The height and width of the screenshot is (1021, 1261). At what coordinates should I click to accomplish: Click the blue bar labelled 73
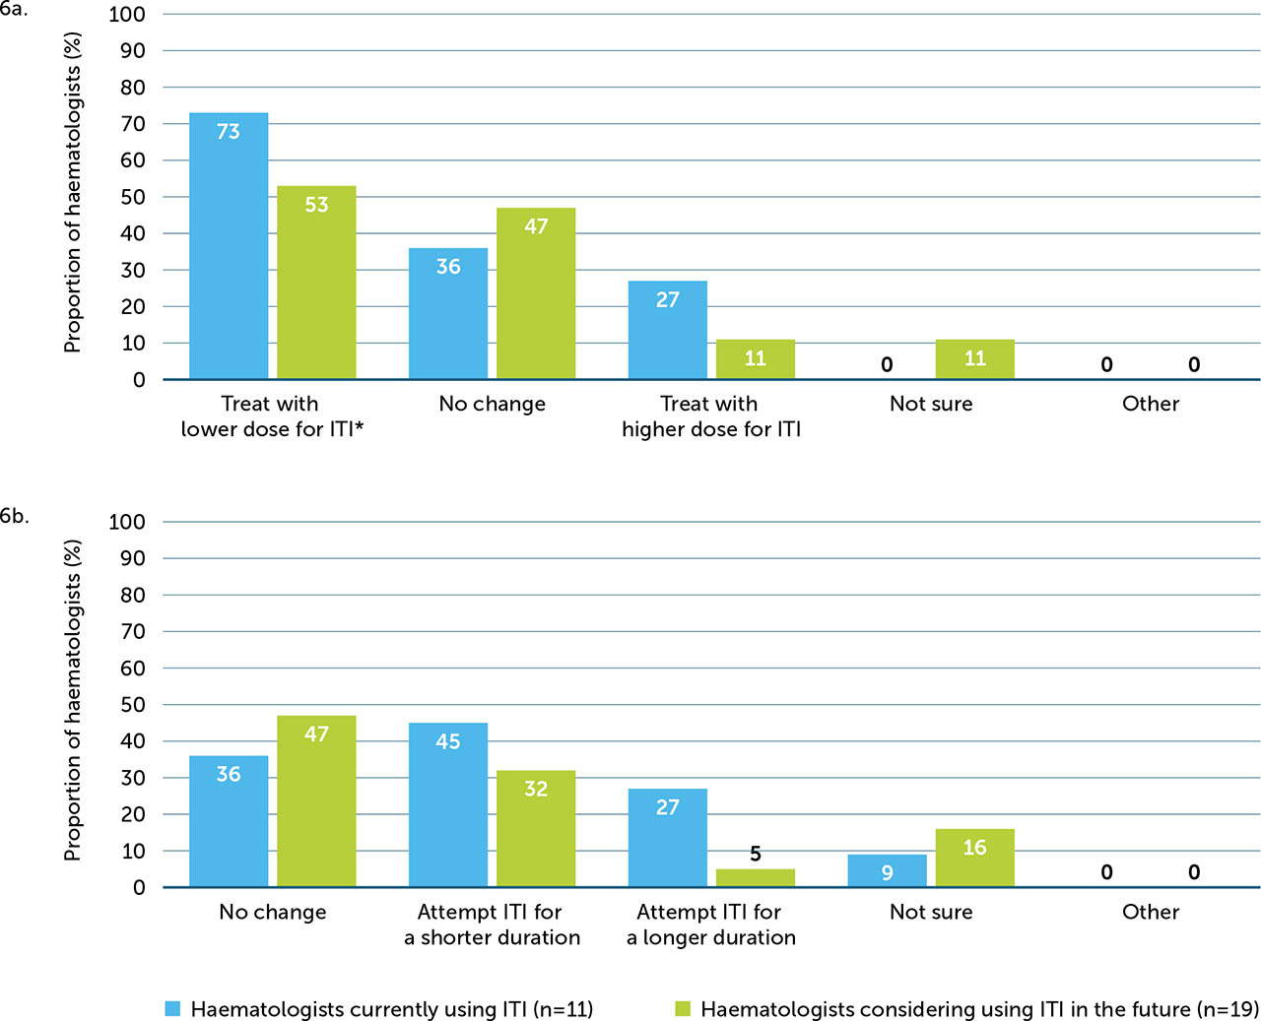click(x=229, y=246)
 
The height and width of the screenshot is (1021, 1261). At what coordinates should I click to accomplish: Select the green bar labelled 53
click(x=316, y=283)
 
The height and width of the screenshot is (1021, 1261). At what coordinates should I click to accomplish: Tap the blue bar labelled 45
click(x=448, y=805)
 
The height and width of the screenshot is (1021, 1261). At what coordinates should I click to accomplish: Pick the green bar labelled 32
click(x=536, y=829)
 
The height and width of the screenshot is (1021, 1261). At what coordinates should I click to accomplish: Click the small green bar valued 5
click(x=756, y=878)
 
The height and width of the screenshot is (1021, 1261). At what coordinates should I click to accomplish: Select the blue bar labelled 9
click(x=887, y=871)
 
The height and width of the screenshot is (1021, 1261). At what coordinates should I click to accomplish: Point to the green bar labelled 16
click(x=974, y=858)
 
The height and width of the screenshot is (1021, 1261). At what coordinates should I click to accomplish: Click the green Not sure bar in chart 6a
click(x=974, y=359)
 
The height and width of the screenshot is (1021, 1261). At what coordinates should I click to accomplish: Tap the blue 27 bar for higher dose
click(x=668, y=330)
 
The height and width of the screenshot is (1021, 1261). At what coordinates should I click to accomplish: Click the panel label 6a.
click(x=14, y=10)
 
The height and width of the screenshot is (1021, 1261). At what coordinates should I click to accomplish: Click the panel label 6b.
click(x=14, y=516)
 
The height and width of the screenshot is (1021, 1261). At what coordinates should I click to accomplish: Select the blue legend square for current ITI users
click(x=172, y=1008)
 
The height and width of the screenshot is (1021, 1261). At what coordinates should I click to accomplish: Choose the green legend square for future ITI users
click(x=683, y=1008)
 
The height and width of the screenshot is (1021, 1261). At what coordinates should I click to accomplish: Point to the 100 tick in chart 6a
click(x=127, y=15)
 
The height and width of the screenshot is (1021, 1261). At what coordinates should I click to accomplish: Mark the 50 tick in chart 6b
click(x=132, y=705)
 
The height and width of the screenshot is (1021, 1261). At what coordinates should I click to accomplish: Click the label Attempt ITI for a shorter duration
click(x=492, y=925)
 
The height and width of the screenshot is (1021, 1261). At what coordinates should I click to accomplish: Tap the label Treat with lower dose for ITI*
click(x=272, y=416)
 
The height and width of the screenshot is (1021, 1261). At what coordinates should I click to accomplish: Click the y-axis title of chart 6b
click(x=72, y=700)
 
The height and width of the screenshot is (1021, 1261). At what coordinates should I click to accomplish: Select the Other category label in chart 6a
click(x=1150, y=404)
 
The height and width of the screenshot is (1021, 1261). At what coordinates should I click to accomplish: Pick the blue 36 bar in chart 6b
click(x=229, y=821)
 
